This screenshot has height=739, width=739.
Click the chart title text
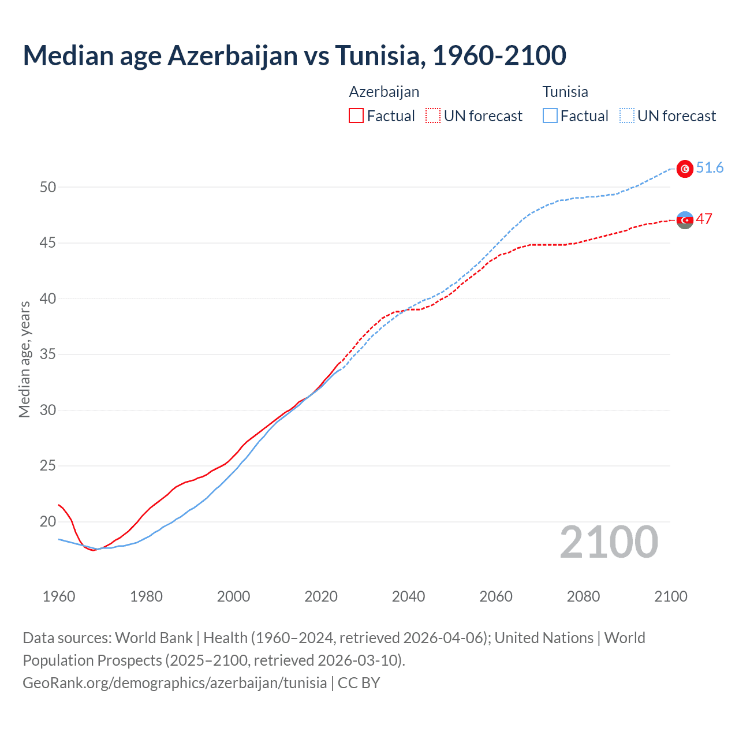294,56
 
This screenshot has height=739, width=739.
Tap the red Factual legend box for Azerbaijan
356,115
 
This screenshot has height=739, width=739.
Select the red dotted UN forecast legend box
433,115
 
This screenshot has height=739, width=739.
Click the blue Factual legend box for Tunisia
550,115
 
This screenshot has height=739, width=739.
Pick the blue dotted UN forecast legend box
627,115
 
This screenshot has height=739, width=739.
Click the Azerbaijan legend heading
384,92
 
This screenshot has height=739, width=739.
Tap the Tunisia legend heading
565,92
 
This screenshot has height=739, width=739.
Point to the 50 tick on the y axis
48,187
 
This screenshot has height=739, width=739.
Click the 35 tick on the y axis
48,354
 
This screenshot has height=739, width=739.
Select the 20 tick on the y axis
48,521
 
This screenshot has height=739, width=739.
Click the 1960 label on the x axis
59,596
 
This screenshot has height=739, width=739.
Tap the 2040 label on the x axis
408,596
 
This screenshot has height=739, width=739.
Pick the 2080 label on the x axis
583,596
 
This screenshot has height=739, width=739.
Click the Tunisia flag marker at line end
685,169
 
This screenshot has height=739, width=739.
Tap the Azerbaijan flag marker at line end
685,220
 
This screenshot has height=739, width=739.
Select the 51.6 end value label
710,168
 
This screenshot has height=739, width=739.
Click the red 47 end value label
704,219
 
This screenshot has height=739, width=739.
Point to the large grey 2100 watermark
609,542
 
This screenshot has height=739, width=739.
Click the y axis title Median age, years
25,359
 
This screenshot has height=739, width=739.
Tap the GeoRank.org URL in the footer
174,683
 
